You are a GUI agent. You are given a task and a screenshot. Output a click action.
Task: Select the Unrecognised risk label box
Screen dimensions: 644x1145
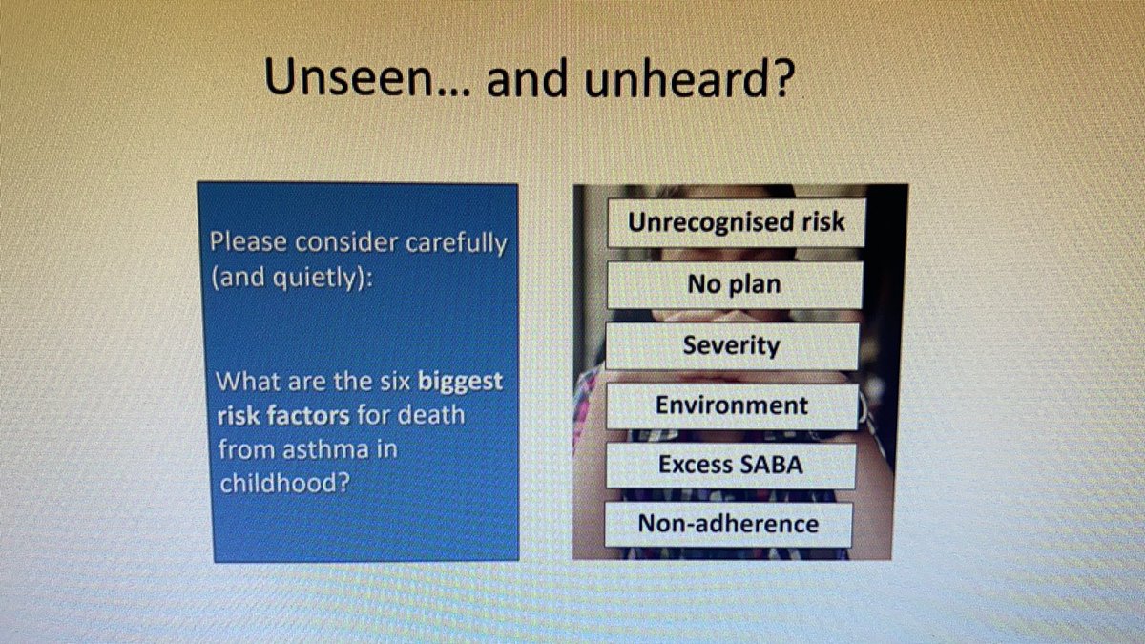(736, 222)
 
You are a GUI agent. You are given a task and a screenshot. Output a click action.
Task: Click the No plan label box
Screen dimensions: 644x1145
(733, 284)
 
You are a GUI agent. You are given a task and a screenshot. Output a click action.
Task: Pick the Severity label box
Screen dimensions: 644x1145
(731, 345)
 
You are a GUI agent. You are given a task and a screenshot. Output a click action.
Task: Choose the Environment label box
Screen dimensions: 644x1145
(731, 405)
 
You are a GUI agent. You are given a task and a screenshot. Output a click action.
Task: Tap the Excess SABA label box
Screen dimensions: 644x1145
(729, 466)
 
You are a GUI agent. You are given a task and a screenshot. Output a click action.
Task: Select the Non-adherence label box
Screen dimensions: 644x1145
(728, 524)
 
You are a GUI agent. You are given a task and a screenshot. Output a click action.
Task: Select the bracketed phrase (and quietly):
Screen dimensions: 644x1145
(290, 279)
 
